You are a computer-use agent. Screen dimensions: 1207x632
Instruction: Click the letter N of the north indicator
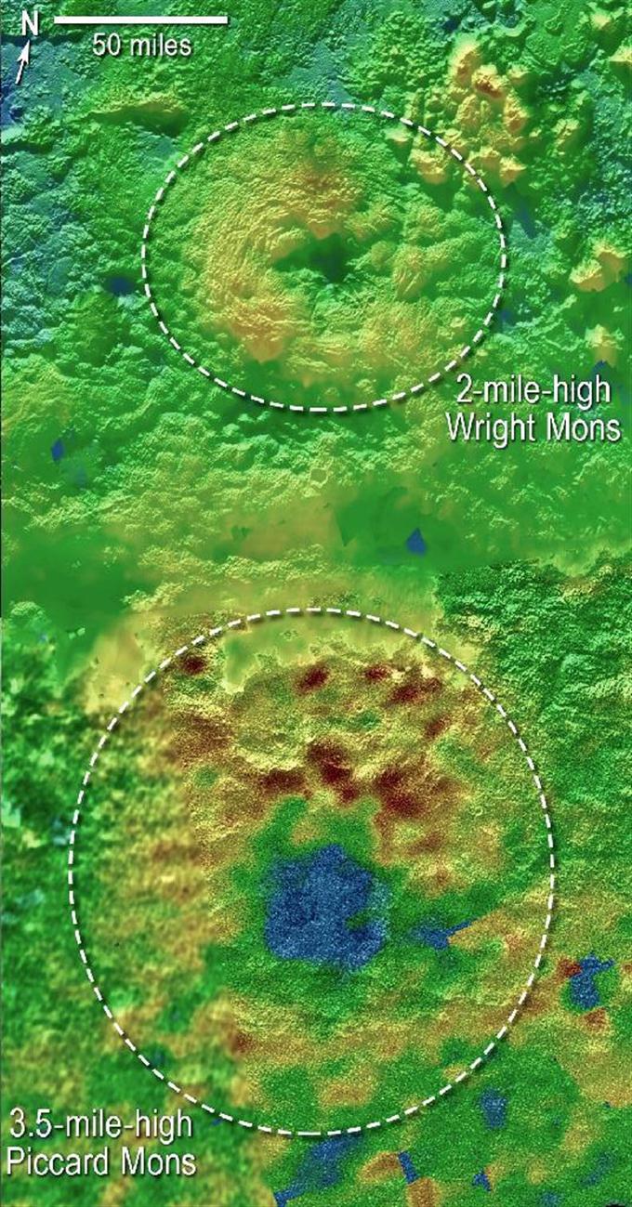click(x=30, y=24)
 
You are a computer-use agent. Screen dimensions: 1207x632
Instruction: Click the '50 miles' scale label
click(x=141, y=45)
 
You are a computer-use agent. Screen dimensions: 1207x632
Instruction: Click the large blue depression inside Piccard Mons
click(x=321, y=906)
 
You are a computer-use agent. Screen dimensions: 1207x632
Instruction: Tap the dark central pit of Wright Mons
click(x=325, y=260)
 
